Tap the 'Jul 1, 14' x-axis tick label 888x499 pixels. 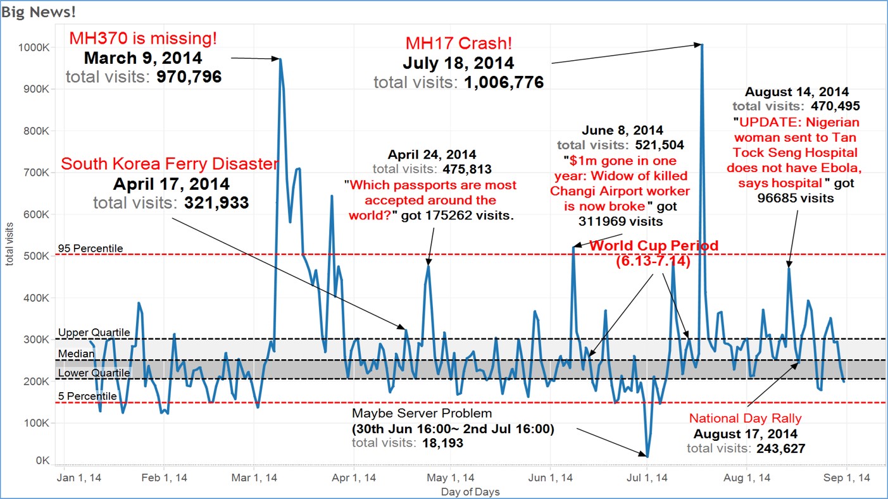click(x=647, y=478)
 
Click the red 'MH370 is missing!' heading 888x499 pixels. click(x=143, y=38)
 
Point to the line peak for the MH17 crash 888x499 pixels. click(x=701, y=44)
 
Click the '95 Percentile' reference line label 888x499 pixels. click(x=90, y=248)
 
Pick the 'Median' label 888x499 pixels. click(x=73, y=353)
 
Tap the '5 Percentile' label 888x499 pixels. click(x=87, y=396)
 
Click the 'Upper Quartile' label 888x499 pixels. click(x=94, y=332)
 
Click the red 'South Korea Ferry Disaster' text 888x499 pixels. click(x=170, y=164)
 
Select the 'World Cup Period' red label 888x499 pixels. click(x=654, y=245)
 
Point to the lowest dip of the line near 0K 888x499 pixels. click(x=647, y=455)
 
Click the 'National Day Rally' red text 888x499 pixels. click(x=745, y=418)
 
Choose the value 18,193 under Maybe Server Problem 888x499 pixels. click(x=442, y=443)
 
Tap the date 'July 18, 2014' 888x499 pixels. click(x=458, y=64)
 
